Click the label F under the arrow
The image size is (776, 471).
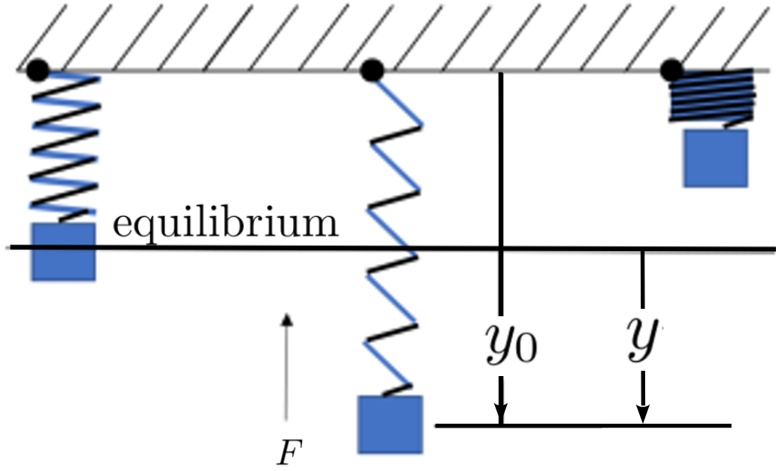click(289, 452)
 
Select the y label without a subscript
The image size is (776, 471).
click(642, 338)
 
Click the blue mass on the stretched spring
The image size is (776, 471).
click(390, 424)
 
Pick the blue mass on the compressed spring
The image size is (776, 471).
click(715, 158)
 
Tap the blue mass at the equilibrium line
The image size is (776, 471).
click(64, 252)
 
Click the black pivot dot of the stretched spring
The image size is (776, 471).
click(372, 70)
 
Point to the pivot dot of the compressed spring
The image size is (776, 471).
click(672, 70)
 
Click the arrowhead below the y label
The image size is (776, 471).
click(642, 413)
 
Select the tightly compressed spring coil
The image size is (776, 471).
click(712, 97)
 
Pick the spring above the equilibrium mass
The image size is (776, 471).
click(65, 147)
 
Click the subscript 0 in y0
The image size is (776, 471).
click(526, 348)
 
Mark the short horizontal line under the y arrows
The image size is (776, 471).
click(583, 425)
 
